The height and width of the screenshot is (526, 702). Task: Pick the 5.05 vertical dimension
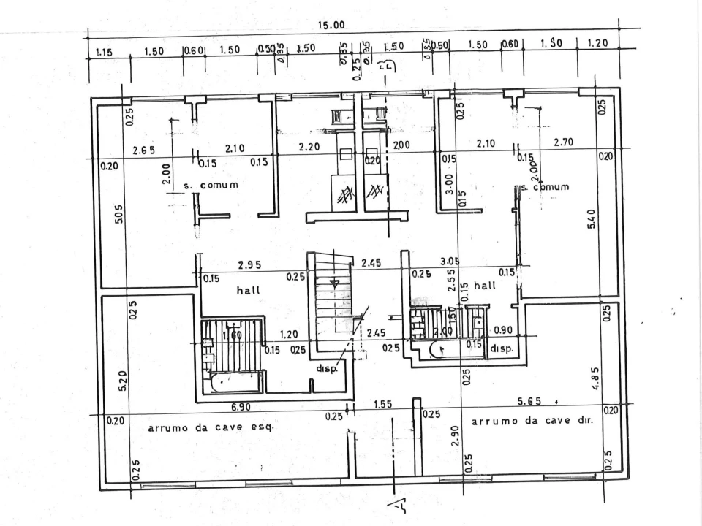click(119, 216)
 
